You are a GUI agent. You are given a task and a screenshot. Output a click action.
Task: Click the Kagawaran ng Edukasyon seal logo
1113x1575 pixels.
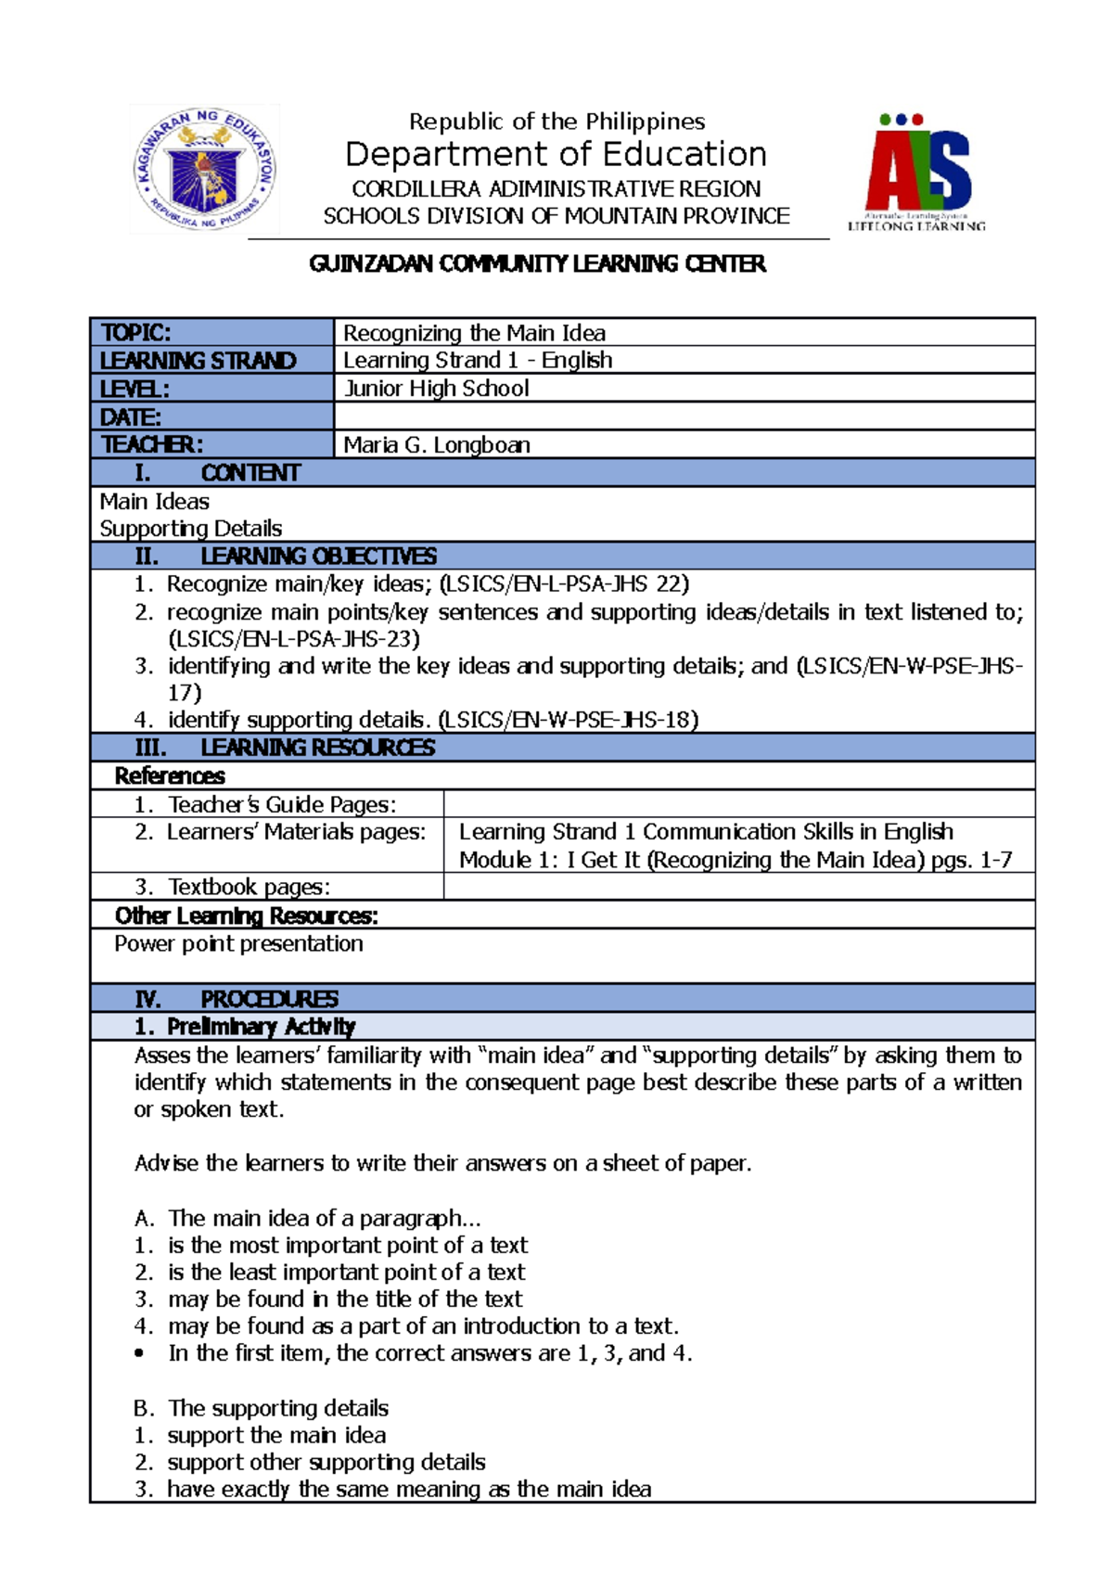click(x=204, y=169)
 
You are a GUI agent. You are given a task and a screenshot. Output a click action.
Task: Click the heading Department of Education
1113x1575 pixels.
click(x=556, y=154)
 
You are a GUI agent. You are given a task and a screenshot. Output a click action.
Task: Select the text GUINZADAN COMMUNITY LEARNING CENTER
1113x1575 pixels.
click(x=538, y=264)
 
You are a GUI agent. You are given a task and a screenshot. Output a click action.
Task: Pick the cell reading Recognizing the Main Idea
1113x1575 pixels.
click(x=474, y=333)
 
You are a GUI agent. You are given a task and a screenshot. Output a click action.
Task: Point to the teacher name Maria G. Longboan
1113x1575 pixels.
click(x=437, y=445)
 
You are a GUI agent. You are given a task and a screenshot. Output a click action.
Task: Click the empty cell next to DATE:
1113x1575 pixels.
click(x=684, y=416)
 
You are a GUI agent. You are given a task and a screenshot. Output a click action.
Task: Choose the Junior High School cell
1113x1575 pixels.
click(x=436, y=389)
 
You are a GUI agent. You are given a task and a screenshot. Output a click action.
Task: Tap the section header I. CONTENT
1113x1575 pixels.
click(x=218, y=473)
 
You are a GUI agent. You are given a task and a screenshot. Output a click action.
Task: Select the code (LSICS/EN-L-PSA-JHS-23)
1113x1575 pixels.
click(x=294, y=639)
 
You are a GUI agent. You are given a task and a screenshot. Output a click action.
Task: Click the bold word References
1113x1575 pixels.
click(x=170, y=776)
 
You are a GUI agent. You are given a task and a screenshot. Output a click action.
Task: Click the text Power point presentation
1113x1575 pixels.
click(x=238, y=944)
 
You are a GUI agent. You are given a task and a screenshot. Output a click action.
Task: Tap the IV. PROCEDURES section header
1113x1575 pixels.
click(x=237, y=999)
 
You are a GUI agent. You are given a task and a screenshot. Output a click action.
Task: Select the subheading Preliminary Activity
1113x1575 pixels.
click(x=261, y=1027)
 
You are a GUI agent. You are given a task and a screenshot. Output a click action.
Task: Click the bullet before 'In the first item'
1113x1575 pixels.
click(x=139, y=1354)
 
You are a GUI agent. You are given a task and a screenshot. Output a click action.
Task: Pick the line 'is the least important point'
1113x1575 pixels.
click(x=346, y=1273)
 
